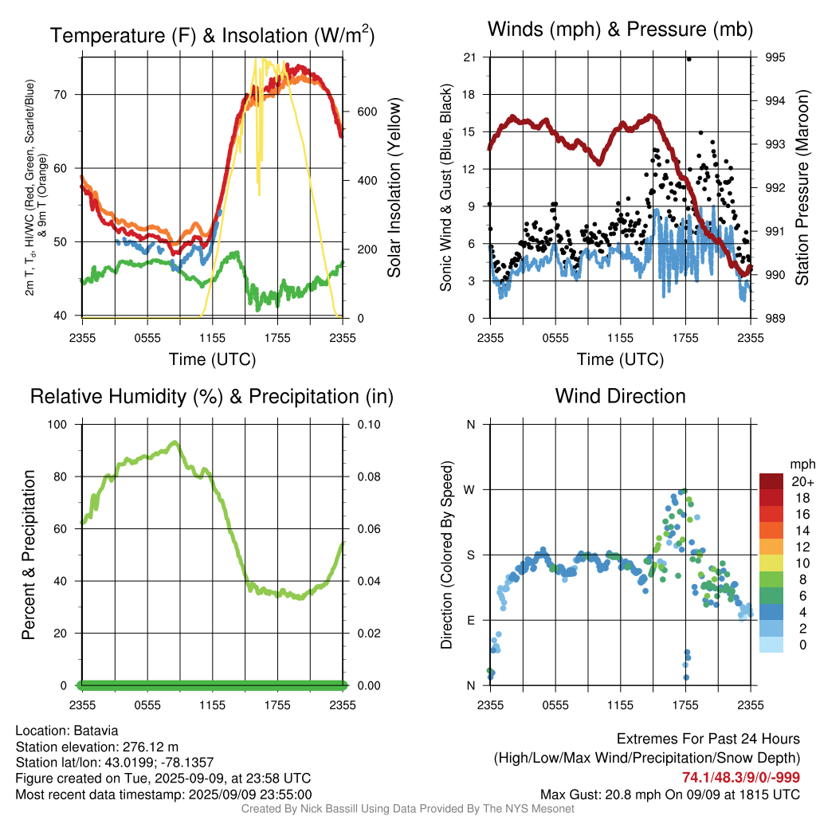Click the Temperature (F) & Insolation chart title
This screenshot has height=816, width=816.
[212, 35]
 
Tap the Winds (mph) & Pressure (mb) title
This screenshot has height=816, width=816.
[620, 29]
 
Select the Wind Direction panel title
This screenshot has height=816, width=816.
[620, 396]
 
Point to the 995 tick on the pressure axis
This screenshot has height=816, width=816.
[775, 57]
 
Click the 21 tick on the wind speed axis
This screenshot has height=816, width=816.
[469, 57]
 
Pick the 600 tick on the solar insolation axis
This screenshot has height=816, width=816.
[367, 112]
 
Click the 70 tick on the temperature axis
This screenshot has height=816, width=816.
[61, 95]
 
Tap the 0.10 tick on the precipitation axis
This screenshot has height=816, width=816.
[369, 425]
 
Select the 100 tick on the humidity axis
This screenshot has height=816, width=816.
[57, 425]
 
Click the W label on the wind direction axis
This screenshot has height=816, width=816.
[469, 490]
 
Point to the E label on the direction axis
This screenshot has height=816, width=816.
[471, 620]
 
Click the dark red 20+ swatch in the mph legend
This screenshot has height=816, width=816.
[771, 481]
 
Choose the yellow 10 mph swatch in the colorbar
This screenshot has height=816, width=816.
[771, 563]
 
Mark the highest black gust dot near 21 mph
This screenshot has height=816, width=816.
[689, 59]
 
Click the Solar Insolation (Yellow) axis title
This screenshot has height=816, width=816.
[394, 187]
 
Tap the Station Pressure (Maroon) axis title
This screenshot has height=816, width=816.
[802, 187]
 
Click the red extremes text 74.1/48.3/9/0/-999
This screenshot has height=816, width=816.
[741, 778]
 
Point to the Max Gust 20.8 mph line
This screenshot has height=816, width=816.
[669, 794]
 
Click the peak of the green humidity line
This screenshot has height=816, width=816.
[175, 442]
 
